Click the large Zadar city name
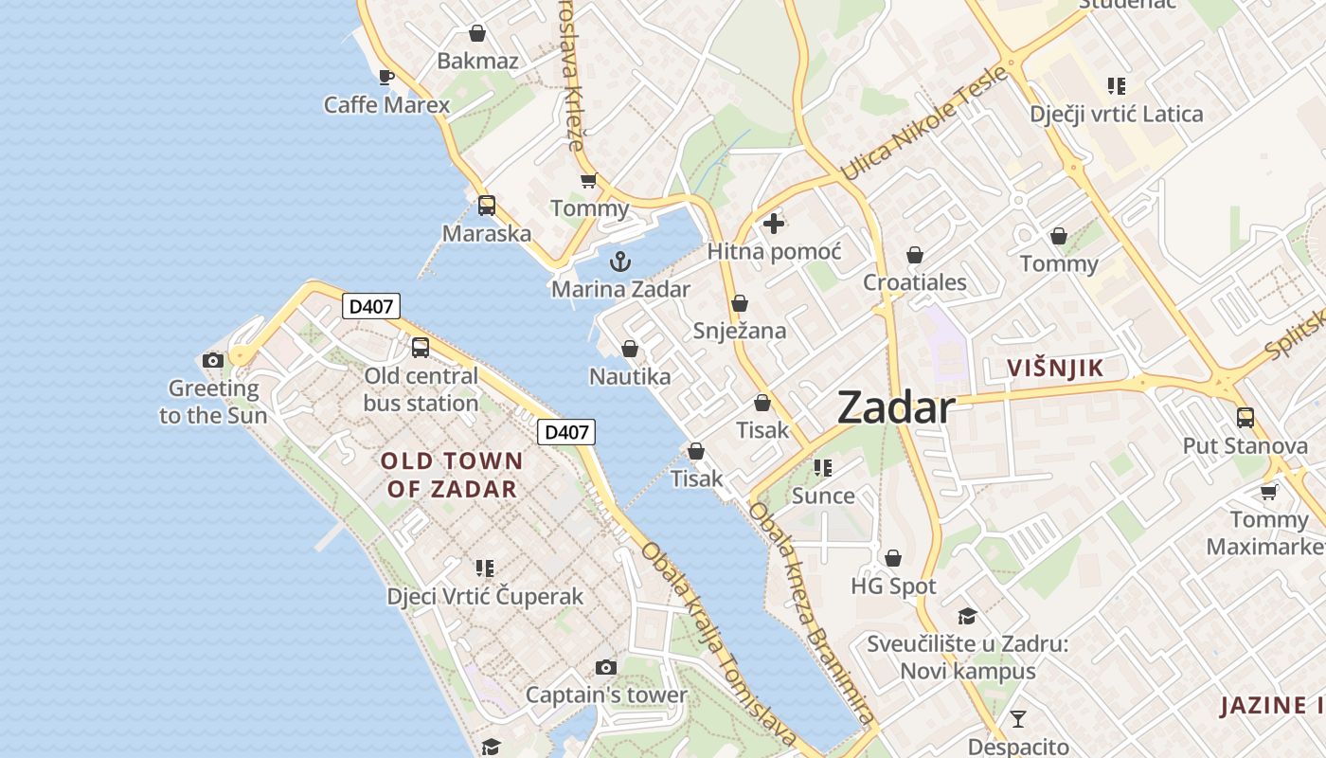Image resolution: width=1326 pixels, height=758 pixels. pos(896,408)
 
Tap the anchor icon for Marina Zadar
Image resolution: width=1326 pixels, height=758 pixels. pos(620,262)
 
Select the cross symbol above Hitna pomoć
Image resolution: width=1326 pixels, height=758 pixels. pos(774,224)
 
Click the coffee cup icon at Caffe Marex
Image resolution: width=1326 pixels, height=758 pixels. pos(385,77)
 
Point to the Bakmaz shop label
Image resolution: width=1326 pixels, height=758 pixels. pos(477,62)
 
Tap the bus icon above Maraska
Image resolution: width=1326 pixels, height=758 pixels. pos(486,205)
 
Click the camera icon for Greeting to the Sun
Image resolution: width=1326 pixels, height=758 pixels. pos(213,360)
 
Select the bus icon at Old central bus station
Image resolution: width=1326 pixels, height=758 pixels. pos(421,348)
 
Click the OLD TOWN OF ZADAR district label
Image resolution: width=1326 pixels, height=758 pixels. pos(452,476)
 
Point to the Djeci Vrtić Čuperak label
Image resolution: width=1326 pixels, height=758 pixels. pos(485,597)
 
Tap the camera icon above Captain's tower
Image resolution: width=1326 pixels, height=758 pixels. pos(606,667)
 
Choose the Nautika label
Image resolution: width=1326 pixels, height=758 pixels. pos(630,377)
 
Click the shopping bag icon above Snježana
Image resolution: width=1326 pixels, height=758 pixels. pos(740,303)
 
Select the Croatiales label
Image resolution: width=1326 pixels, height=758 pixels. pos(915,282)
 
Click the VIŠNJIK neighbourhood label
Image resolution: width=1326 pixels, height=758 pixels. pos(1055,369)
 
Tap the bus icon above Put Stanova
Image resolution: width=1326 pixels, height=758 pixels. pos(1245,417)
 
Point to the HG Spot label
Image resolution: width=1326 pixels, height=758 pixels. pos(893,587)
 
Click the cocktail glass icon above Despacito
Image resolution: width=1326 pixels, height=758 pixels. pos(1018,718)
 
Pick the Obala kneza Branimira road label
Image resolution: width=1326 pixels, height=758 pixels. pos(810,613)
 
